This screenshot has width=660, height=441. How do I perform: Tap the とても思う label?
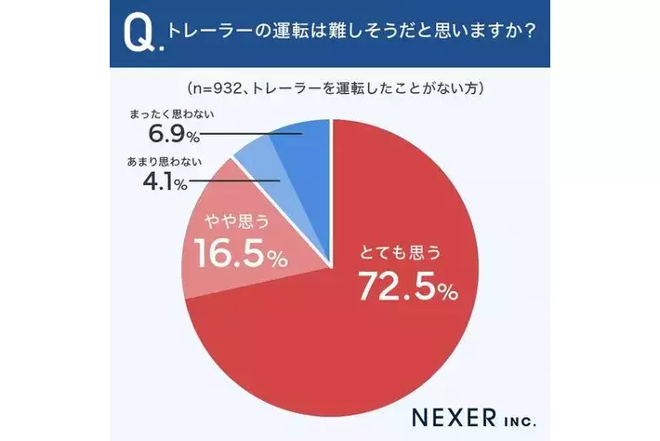point(401,251)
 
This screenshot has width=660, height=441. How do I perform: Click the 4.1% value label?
point(161,180)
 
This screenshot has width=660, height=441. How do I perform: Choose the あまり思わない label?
point(159,162)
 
